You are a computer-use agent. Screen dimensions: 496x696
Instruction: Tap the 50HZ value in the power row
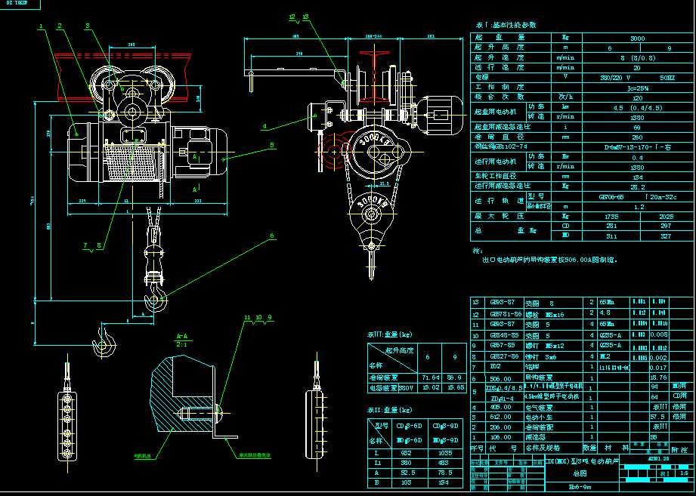tap(666, 77)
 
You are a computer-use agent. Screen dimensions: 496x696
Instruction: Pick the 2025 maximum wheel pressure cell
tap(666, 215)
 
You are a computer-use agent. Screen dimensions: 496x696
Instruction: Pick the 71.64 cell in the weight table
tap(431, 376)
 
